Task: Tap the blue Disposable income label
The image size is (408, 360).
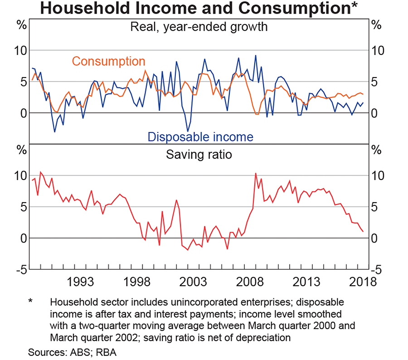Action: click(x=200, y=136)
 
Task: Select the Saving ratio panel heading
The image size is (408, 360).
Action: click(x=199, y=155)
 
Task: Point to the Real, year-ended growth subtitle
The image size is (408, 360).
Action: click(x=199, y=27)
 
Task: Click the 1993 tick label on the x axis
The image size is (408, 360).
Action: click(x=84, y=282)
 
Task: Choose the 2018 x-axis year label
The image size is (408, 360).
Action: click(x=361, y=282)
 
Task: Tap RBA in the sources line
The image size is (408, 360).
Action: click(x=107, y=352)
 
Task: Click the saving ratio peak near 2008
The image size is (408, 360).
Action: click(x=256, y=173)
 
